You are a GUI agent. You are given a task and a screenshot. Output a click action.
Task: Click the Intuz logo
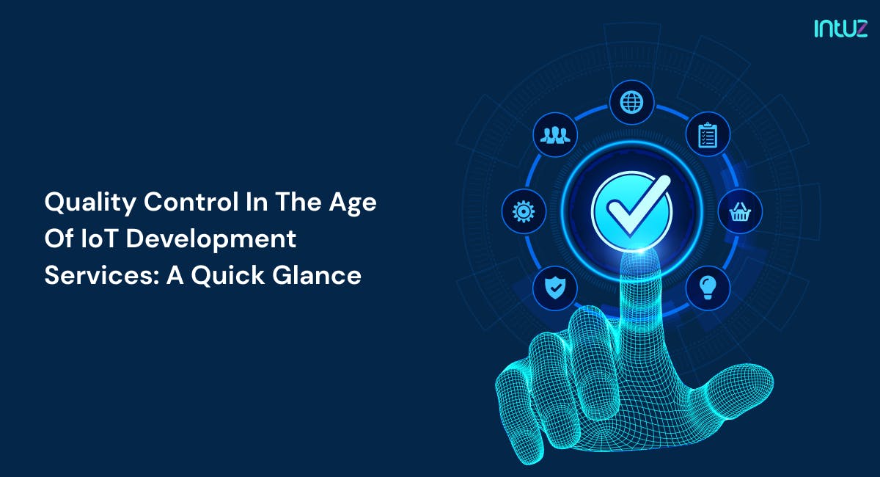coord(840,29)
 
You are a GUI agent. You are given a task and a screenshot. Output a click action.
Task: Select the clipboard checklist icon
coord(708,136)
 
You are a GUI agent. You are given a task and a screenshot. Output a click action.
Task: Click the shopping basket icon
coord(739,212)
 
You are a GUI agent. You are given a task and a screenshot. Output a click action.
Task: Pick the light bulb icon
coord(708,288)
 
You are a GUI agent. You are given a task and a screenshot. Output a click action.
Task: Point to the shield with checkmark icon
coord(555,288)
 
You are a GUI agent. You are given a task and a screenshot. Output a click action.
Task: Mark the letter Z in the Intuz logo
coord(859,29)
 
